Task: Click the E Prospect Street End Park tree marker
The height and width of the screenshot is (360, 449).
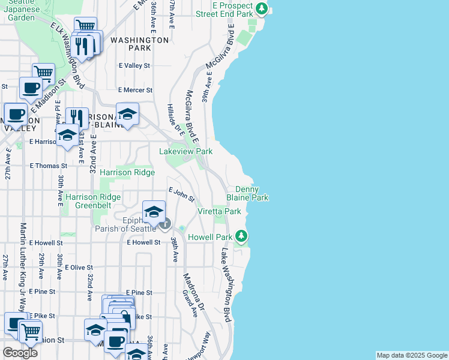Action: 262,8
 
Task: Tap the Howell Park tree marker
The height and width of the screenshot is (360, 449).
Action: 241,236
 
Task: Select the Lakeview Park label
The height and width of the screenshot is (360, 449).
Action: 185,152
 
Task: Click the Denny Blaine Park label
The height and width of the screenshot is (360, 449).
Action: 247,193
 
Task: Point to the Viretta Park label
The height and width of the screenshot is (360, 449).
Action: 219,211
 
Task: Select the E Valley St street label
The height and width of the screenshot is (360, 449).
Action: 134,65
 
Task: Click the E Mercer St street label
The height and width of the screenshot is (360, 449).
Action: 136,90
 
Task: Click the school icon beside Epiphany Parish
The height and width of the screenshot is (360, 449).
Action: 154,212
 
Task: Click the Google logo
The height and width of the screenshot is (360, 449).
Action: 20,353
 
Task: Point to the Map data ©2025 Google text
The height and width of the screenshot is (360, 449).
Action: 412,355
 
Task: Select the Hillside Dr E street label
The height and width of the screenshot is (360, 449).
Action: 175,118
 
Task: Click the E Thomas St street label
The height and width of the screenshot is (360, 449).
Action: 49,166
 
